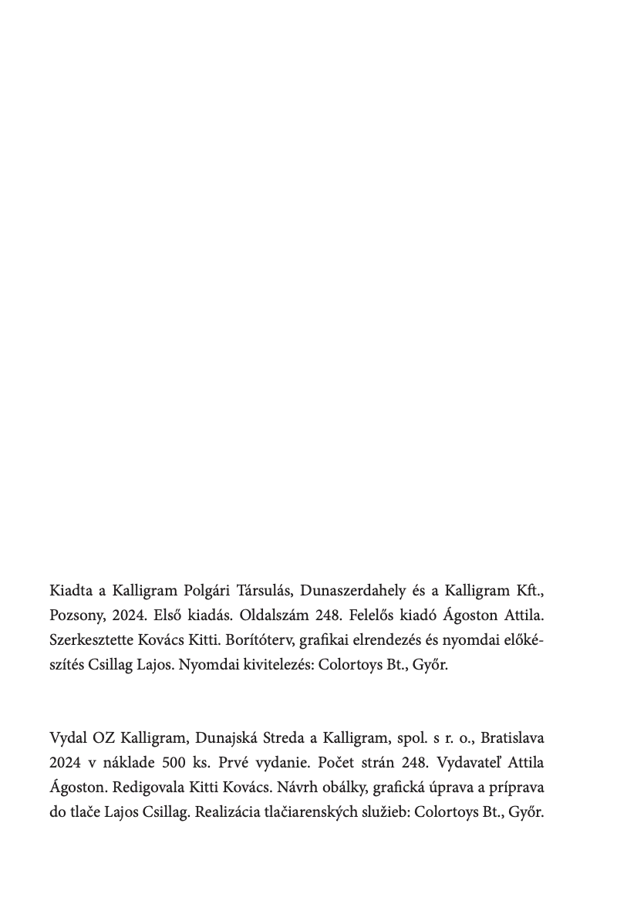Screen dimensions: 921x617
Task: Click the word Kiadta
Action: tap(69, 592)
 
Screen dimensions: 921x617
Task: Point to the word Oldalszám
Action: tap(273, 616)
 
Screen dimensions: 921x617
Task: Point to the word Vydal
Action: tap(67, 738)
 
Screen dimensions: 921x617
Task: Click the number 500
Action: tap(174, 763)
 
